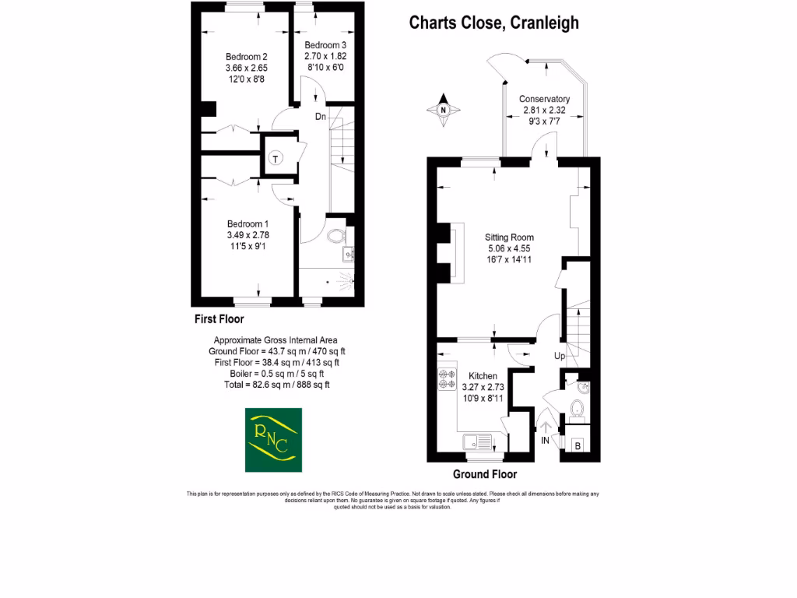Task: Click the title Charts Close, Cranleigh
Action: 494,23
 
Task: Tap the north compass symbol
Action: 444,110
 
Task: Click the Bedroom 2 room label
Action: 247,57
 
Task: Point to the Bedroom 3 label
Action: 325,45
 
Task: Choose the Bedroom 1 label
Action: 248,223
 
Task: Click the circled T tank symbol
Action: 276,159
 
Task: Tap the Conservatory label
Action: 544,99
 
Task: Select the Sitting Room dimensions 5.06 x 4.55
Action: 509,249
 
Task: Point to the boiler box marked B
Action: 578,446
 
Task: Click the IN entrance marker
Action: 545,441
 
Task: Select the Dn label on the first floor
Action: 321,117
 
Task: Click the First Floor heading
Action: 219,319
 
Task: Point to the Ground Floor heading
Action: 485,474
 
